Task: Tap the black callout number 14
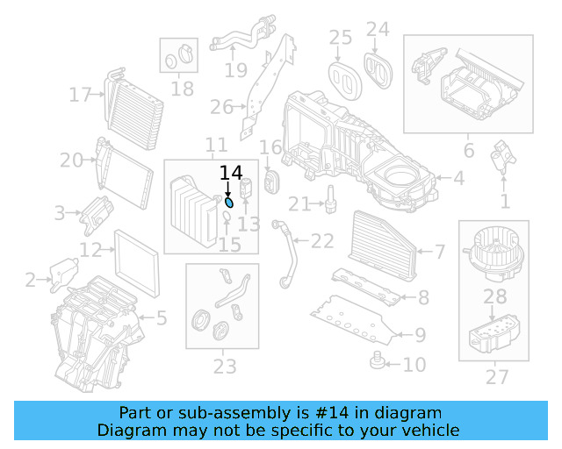tap(230, 174)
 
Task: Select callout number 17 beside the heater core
tap(81, 95)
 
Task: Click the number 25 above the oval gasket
tap(340, 37)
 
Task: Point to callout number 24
tap(377, 29)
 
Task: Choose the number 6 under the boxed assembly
tap(469, 151)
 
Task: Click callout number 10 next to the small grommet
tap(413, 363)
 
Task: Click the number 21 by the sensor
tap(299, 204)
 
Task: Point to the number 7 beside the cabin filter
tap(439, 253)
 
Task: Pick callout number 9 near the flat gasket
tap(420, 334)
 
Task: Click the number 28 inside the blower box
tap(495, 297)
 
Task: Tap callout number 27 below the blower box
tap(496, 377)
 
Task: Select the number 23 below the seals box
tap(224, 366)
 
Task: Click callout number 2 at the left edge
tap(31, 281)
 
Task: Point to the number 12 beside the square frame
tap(90, 250)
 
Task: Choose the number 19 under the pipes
tap(235, 69)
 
